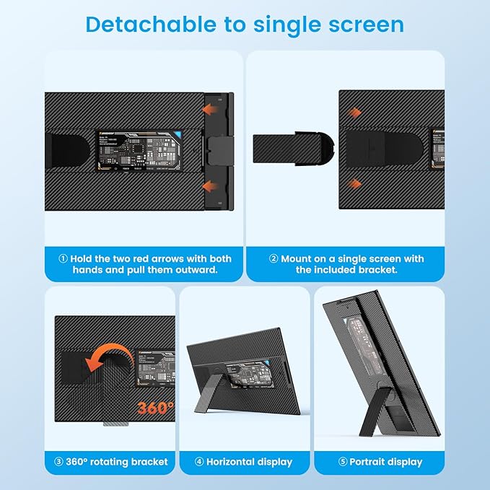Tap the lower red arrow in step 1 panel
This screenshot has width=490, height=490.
click(x=211, y=187)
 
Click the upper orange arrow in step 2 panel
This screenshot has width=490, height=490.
click(x=354, y=113)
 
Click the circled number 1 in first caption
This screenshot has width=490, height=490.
click(x=62, y=258)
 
